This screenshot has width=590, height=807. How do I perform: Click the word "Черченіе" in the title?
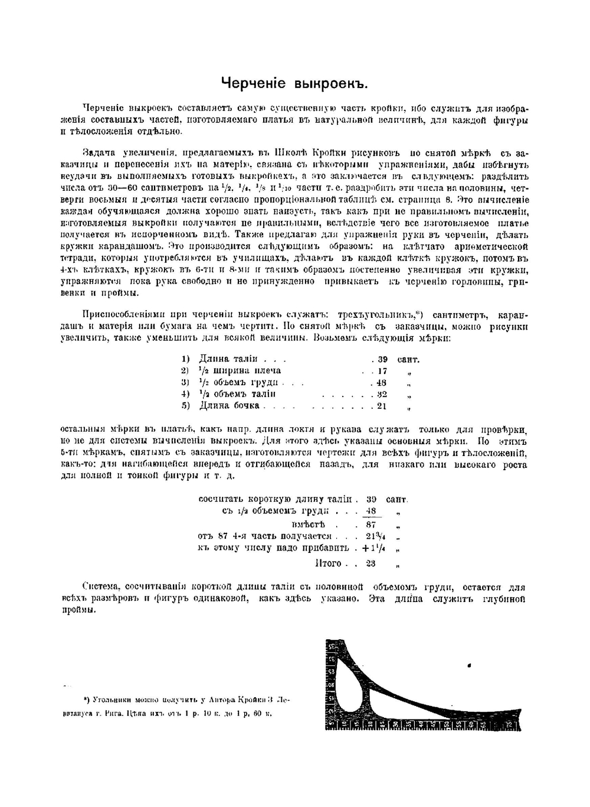253,83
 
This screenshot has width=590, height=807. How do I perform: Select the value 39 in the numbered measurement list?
382,359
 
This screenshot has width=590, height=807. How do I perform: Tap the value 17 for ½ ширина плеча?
382,371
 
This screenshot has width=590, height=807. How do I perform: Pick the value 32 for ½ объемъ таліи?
382,394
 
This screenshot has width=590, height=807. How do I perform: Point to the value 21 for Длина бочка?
382,406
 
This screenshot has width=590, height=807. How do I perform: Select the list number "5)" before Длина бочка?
185,406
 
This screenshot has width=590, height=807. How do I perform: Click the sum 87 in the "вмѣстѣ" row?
371,525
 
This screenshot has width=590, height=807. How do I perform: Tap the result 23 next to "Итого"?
371,564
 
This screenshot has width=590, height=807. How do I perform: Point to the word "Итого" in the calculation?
329,564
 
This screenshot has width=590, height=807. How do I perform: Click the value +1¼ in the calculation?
374,548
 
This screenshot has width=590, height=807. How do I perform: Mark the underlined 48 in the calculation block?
371,512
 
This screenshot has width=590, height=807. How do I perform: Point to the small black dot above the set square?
469,665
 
